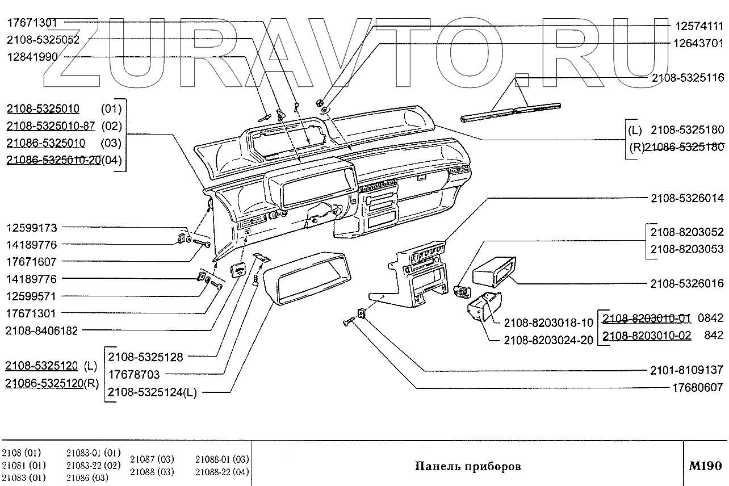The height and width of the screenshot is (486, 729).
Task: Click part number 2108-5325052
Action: pyautogui.click(x=43, y=40)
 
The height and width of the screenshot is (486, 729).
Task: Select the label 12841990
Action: pyautogui.click(x=32, y=57)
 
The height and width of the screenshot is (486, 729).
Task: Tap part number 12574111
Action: pyautogui.click(x=699, y=26)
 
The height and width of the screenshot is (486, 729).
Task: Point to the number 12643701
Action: pyautogui.click(x=699, y=43)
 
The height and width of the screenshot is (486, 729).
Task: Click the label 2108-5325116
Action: pyautogui.click(x=687, y=78)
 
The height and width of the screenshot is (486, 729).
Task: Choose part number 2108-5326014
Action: pyautogui.click(x=687, y=199)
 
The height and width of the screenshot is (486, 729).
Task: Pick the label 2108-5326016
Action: pyautogui.click(x=687, y=283)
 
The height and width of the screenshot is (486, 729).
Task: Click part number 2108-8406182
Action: pyautogui.click(x=41, y=330)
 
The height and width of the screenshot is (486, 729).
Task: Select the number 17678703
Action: pyautogui.click(x=134, y=375)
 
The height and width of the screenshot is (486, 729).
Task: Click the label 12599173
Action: pyautogui.click(x=32, y=228)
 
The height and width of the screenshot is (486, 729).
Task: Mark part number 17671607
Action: pyautogui.click(x=32, y=262)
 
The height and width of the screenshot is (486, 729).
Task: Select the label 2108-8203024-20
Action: pyautogui.click(x=548, y=340)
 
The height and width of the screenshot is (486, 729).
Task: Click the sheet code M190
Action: pyautogui.click(x=705, y=466)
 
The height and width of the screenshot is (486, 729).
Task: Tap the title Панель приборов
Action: pyautogui.click(x=468, y=467)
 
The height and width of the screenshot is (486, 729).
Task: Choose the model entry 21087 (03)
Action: pyautogui.click(x=152, y=459)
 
